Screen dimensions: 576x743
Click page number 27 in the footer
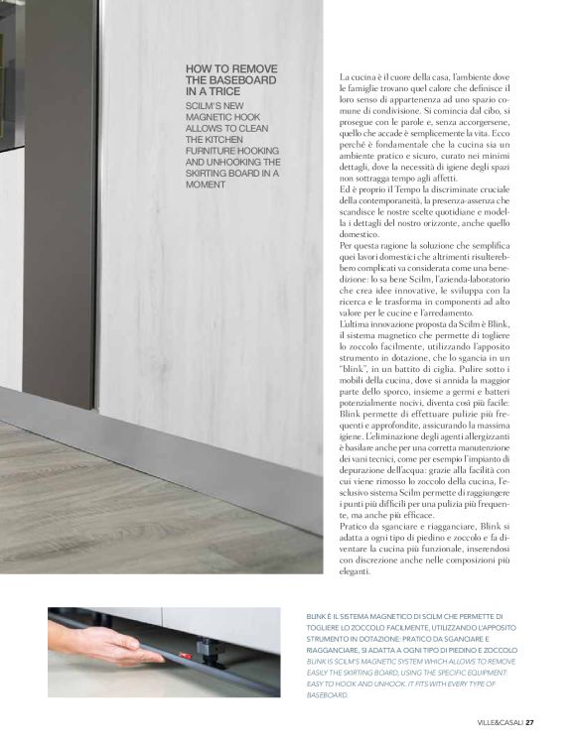tap(530, 721)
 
